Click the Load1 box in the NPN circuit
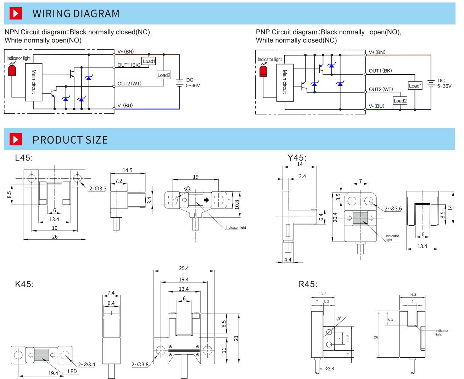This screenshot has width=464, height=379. [149, 61]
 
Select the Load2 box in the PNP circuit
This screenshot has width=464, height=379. [400, 101]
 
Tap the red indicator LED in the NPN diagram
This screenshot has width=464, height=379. [12, 71]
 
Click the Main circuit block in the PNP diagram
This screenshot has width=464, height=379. [284, 82]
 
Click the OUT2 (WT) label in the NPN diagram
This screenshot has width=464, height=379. [129, 84]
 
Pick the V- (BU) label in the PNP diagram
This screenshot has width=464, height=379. [376, 106]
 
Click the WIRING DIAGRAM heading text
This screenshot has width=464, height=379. [76, 13]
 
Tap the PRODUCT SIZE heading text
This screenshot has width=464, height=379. [70, 140]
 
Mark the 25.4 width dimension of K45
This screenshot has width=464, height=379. [184, 268]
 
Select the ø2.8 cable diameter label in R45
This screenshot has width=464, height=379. [329, 368]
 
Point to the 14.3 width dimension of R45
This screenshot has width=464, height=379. [412, 294]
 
